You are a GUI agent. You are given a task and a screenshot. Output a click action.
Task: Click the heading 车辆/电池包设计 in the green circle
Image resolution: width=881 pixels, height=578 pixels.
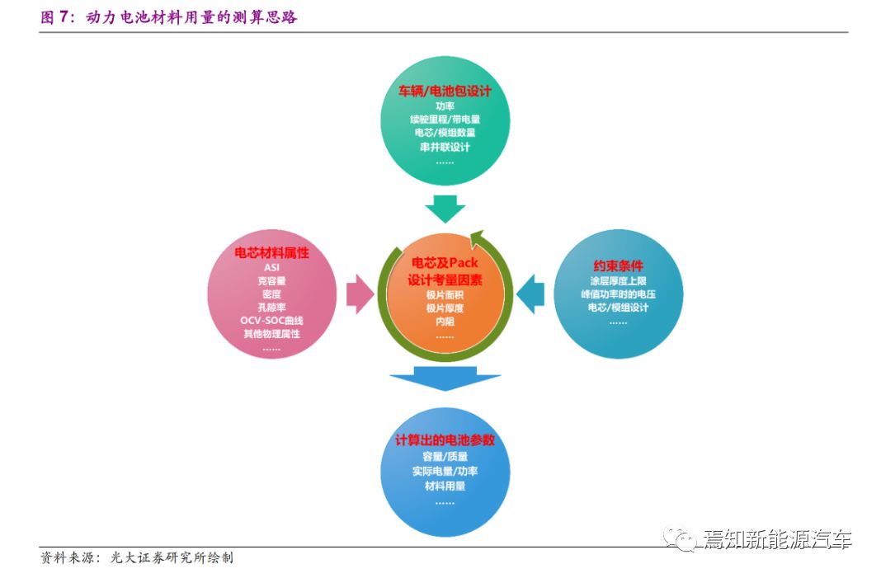445,91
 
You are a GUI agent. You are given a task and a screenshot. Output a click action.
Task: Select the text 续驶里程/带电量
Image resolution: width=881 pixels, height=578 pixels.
445,119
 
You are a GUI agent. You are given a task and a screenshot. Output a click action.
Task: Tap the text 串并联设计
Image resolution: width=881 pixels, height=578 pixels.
445,147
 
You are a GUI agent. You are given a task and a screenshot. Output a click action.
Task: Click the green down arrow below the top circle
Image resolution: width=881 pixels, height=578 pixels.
445,209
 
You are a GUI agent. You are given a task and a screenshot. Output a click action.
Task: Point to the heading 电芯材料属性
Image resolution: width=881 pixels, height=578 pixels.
272,253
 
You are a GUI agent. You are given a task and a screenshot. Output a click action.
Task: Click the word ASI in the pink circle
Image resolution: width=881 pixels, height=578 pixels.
272,267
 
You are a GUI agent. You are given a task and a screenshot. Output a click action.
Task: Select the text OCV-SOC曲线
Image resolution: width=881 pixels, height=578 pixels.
272,320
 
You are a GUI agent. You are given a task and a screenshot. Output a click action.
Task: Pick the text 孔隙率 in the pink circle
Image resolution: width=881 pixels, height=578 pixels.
272,308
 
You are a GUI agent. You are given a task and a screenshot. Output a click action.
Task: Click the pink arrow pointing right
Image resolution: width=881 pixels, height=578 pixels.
360,294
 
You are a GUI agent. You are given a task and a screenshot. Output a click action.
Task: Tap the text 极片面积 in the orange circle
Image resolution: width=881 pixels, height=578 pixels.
445,295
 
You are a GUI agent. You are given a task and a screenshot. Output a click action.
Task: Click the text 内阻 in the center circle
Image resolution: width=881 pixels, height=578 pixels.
445,322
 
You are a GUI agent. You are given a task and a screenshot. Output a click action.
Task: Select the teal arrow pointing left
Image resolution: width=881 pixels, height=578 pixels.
530,294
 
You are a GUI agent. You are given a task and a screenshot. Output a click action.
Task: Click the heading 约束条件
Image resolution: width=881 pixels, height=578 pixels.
618,266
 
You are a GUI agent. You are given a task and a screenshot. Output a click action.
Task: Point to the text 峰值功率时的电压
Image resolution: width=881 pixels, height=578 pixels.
618,294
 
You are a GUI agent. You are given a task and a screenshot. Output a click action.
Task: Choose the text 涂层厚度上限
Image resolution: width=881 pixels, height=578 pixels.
618,281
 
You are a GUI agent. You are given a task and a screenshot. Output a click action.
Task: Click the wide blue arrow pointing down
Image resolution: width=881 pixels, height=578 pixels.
445,378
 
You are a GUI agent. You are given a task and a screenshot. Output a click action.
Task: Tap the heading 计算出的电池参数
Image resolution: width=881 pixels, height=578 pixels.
445,439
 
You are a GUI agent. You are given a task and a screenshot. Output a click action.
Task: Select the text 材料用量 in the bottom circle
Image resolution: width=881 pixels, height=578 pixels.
445,486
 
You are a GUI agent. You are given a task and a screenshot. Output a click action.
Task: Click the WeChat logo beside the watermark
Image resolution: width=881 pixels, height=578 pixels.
680,538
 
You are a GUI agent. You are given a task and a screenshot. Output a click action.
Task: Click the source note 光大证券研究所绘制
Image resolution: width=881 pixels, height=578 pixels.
172,557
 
